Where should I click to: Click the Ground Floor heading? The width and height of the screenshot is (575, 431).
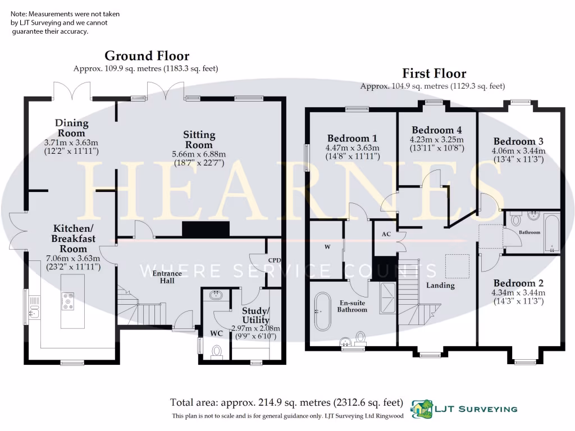147,56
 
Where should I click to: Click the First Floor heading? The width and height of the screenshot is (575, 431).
433,74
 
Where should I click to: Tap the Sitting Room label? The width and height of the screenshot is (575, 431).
199,140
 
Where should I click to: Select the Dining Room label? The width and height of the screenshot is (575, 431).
71,128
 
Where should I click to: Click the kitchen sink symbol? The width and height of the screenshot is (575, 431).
34,308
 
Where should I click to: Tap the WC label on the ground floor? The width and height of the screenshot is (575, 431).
216,333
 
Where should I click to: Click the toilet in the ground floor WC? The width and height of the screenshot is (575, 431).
217,351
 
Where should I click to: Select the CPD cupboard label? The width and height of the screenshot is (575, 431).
274,260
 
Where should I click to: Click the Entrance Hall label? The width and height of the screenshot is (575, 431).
168,277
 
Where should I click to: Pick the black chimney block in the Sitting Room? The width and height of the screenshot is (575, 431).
206,229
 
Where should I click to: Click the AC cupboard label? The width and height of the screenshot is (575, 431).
386,234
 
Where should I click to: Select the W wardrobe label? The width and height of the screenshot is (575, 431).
327,246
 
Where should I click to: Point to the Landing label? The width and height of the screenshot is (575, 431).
440,285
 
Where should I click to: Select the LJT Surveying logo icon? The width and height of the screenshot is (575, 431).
422,409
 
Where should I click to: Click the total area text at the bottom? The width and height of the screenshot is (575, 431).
287,402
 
